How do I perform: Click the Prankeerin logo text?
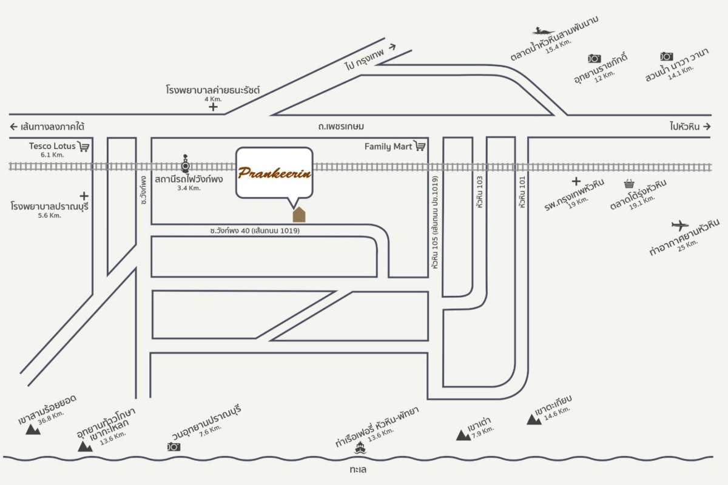(x=274, y=173)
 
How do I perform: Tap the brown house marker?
(x=299, y=215)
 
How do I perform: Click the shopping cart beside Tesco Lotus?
(x=84, y=147)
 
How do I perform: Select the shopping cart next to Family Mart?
(x=420, y=146)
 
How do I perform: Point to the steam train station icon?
(x=185, y=164)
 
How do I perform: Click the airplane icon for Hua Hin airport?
(x=680, y=225)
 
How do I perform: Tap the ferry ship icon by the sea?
(x=360, y=447)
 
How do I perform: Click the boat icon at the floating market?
(x=543, y=31)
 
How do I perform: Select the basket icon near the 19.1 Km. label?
(x=629, y=184)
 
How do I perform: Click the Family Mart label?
(x=388, y=147)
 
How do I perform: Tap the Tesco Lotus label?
(x=52, y=146)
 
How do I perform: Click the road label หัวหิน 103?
(x=479, y=192)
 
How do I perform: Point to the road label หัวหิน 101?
(x=522, y=192)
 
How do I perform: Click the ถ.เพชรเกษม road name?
(x=341, y=126)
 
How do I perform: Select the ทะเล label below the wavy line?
(x=358, y=469)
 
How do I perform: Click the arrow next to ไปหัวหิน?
(x=707, y=126)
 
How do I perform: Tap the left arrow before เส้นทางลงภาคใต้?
(x=13, y=126)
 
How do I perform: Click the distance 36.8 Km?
(x=51, y=418)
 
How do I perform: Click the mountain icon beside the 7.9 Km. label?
(x=463, y=435)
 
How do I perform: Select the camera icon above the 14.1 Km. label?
(x=666, y=56)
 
